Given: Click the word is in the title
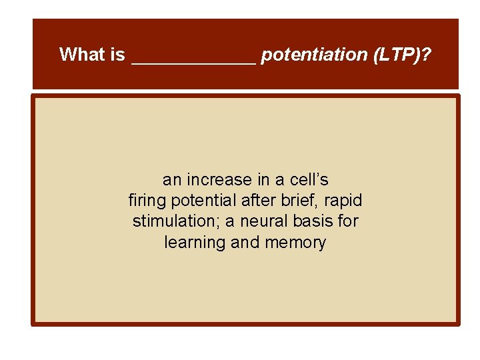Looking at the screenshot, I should tap(118, 55).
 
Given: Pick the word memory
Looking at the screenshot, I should tap(295, 242).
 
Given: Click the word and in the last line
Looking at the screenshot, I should tap(246, 242).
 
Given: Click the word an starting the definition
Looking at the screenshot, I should tap(172, 180).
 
